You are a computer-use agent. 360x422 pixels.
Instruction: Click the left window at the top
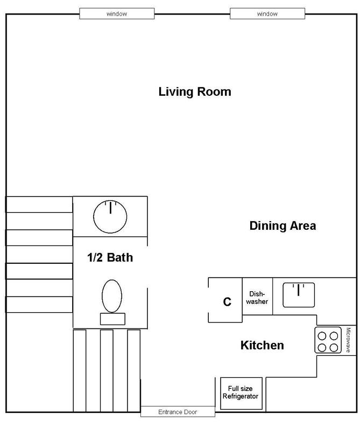coord(117,14)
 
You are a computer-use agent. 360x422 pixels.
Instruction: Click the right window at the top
coord(267,14)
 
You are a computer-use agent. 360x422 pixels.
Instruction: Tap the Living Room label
coord(195,92)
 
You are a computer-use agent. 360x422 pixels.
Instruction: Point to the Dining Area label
coord(283,226)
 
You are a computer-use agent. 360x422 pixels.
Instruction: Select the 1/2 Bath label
coord(110,257)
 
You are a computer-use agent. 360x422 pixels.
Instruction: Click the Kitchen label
coord(262,346)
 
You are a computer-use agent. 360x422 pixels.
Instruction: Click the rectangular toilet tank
coord(113,319)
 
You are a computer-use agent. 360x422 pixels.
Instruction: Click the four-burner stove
coord(328,340)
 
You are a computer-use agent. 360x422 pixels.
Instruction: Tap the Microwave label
coord(348,340)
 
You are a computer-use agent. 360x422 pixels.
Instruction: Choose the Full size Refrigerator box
coord(241,393)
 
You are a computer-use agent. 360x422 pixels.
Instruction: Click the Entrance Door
coord(178,412)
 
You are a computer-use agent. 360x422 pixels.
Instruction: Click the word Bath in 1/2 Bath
coord(120,257)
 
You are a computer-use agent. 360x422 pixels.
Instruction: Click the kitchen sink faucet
coord(298,290)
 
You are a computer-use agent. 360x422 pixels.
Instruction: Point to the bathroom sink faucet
coord(110,207)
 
